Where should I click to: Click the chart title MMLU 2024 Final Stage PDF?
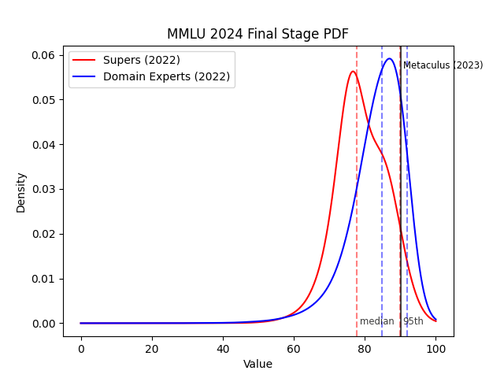point(258,34)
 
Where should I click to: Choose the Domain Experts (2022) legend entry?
point(166,76)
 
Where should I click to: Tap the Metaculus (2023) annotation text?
point(443,65)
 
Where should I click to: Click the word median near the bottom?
point(377,321)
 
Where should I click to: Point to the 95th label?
point(413,321)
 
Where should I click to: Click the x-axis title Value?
point(258,364)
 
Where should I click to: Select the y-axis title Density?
point(21,192)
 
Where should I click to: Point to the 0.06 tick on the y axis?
point(43,55)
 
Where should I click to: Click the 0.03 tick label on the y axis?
point(43,189)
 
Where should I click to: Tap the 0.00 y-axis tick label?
point(43,324)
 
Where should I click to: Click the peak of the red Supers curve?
point(353,72)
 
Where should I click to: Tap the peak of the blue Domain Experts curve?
point(389,58)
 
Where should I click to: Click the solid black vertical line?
point(400,197)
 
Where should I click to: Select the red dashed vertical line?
point(357,197)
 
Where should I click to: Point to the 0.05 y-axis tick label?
point(43,100)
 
